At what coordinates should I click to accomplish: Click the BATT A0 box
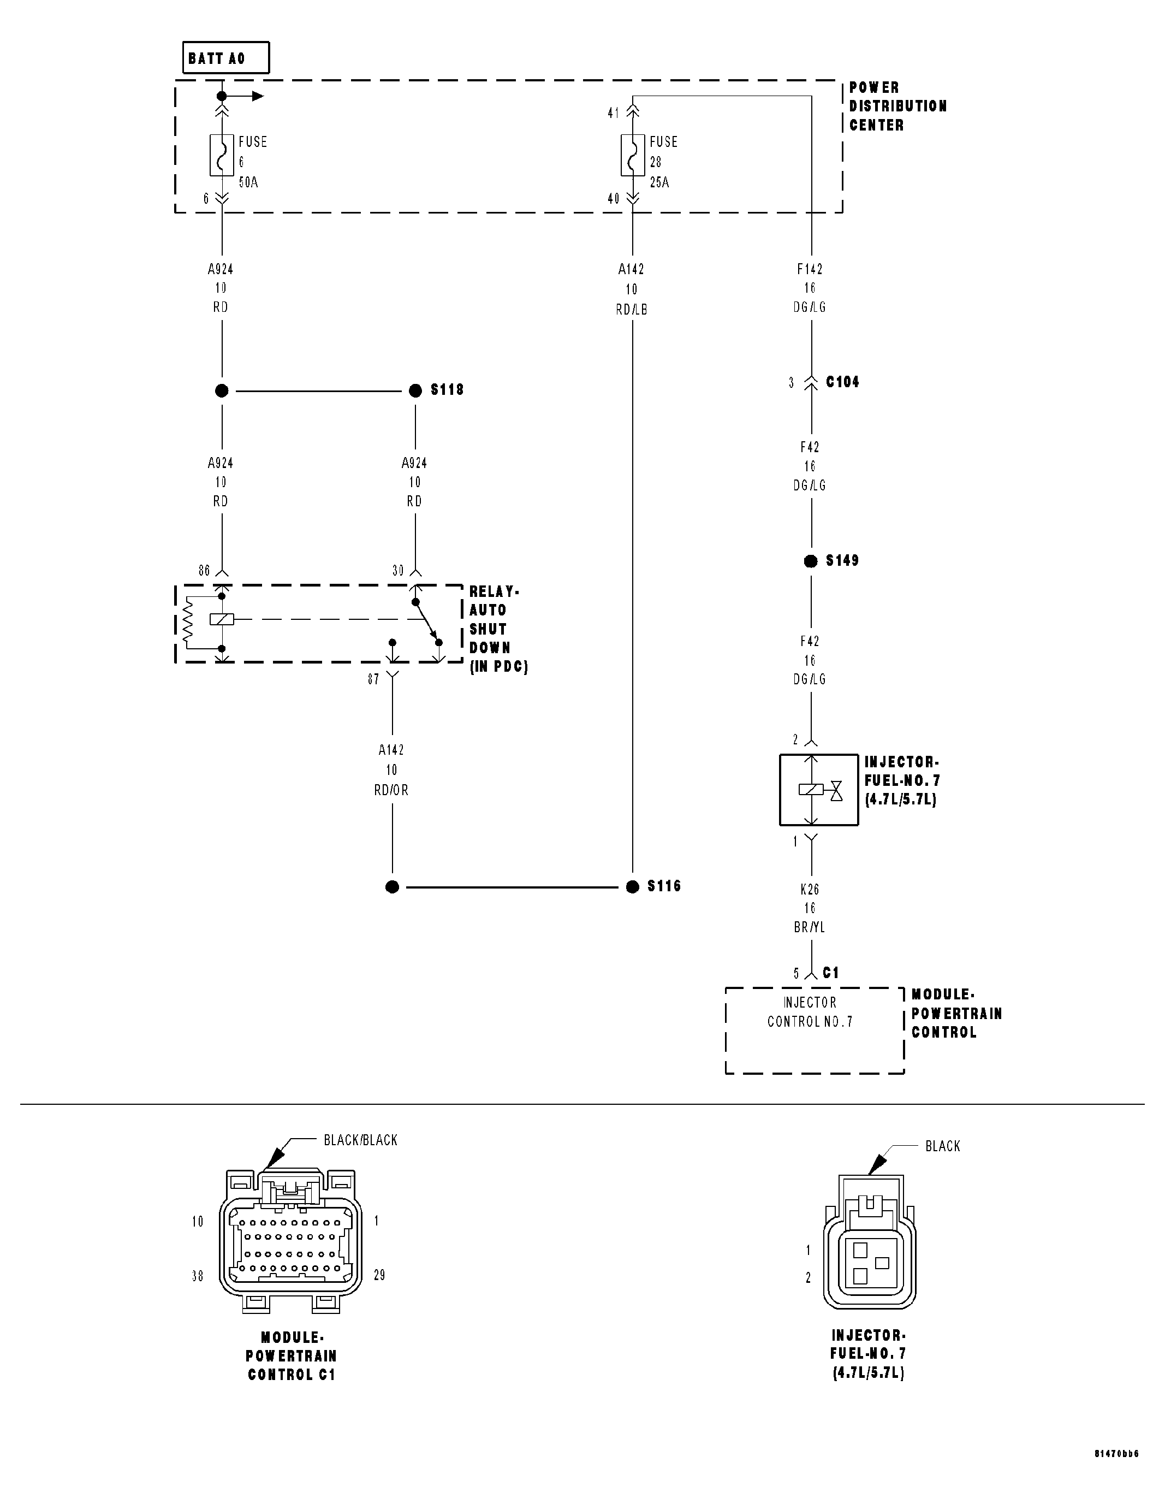225,58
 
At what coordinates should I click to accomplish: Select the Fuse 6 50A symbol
222,156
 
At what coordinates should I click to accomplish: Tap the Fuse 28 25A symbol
632,156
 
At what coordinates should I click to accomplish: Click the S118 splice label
447,389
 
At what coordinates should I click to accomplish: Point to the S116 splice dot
632,887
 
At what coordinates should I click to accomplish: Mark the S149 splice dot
811,561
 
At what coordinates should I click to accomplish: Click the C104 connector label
842,382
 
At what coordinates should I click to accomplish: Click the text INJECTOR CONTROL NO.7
810,1012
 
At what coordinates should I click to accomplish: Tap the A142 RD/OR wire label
391,769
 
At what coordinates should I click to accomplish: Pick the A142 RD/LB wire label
632,289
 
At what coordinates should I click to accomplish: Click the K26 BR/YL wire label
810,908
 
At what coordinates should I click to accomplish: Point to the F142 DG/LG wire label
810,288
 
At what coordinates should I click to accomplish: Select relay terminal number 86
204,571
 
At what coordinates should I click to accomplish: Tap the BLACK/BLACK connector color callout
360,1140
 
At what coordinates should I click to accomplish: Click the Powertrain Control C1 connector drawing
291,1241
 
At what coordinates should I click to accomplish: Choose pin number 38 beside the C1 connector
198,1276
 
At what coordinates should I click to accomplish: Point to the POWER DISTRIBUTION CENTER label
897,106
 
